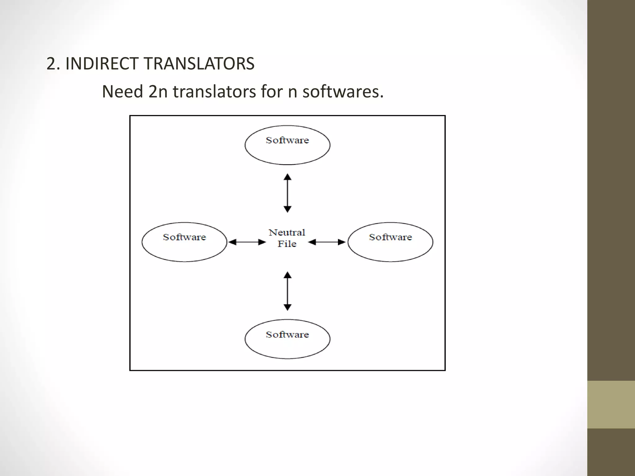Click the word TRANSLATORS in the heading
pyautogui.click(x=199, y=64)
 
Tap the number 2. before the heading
pyautogui.click(x=53, y=64)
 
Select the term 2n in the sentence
pyautogui.click(x=158, y=92)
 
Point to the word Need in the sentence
pyautogui.click(x=122, y=92)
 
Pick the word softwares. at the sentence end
pyautogui.click(x=343, y=92)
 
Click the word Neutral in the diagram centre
pyautogui.click(x=287, y=232)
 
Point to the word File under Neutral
pyautogui.click(x=287, y=244)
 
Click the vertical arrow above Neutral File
pyautogui.click(x=287, y=193)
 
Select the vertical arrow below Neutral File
pyautogui.click(x=287, y=291)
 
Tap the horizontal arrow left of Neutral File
pyautogui.click(x=247, y=242)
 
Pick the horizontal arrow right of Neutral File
pyautogui.click(x=327, y=242)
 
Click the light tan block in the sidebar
pyautogui.click(x=611, y=404)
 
